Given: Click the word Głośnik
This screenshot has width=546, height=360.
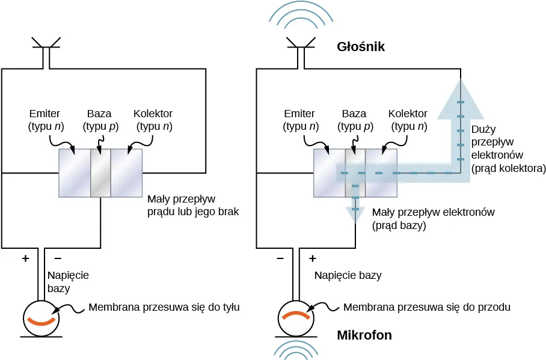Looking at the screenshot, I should tap(361, 47).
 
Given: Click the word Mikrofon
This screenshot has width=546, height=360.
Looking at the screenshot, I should tap(364, 335).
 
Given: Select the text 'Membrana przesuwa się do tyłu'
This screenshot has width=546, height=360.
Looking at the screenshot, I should tap(164, 307).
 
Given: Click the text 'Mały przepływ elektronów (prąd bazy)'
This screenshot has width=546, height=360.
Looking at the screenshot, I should tap(433, 219).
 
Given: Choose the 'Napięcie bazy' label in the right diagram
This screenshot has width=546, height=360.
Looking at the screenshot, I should tap(348, 276).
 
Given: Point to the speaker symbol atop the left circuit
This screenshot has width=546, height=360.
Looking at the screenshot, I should tap(46, 46).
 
